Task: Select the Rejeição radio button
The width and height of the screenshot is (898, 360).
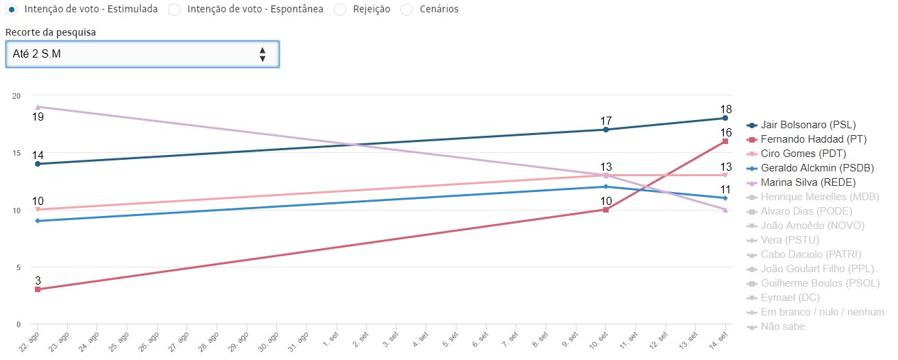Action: [339, 10]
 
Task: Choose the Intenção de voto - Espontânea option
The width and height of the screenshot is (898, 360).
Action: [174, 10]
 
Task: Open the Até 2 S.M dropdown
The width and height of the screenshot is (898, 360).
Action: [142, 54]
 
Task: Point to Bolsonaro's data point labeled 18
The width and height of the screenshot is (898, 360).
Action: [725, 118]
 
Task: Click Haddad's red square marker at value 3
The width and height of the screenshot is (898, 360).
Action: [38, 289]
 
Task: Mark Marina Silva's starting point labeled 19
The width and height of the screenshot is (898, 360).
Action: [38, 107]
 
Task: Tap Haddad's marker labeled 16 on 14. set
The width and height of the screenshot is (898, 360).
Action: [725, 141]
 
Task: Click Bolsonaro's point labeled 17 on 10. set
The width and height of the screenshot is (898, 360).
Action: [606, 130]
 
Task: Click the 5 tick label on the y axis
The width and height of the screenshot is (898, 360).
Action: [17, 267]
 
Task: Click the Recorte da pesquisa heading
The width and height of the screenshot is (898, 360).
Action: [50, 32]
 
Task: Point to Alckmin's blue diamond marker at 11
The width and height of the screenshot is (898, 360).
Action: [725, 198]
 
